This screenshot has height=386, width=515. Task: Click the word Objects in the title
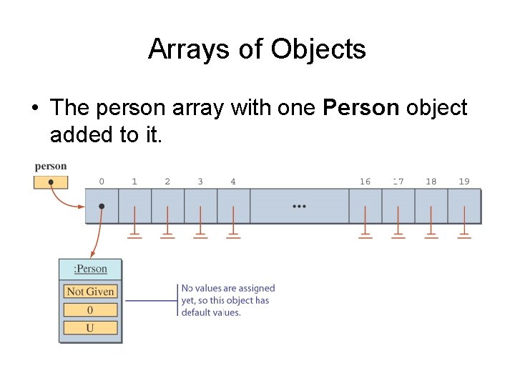tap(318, 49)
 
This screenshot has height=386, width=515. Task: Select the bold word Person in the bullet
tap(361, 108)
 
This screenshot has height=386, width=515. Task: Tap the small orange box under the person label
tap(50, 182)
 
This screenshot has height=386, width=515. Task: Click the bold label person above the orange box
tap(50, 167)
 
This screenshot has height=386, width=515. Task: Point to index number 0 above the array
tap(102, 182)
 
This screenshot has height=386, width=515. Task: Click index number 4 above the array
tap(233, 182)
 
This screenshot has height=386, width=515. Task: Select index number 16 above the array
tap(365, 182)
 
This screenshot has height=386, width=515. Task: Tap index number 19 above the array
tap(464, 182)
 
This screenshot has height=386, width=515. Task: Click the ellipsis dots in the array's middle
tap(299, 206)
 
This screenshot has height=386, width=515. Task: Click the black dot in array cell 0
tap(102, 206)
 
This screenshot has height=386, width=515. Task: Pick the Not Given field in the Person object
tap(90, 292)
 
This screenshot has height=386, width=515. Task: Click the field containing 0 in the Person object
tap(90, 310)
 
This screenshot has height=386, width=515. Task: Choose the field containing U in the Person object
tap(90, 328)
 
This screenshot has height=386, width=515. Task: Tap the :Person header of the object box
tap(90, 269)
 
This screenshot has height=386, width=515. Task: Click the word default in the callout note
tap(195, 312)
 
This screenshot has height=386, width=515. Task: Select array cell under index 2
tap(167, 206)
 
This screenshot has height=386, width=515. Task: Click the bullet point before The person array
tap(34, 109)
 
